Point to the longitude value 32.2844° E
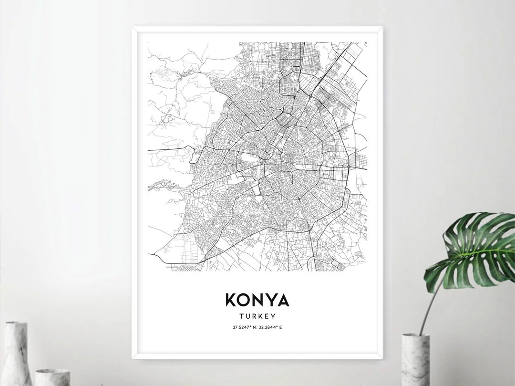click(270, 327)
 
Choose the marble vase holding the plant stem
click(415, 360)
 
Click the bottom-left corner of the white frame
click(134, 357)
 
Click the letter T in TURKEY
click(240, 315)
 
